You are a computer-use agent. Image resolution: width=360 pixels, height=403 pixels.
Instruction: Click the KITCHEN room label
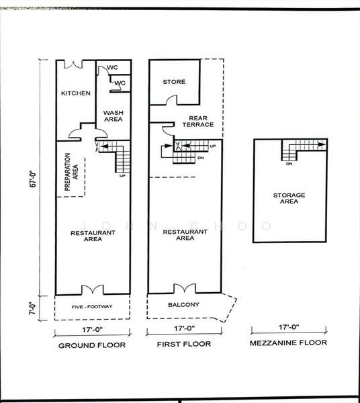76,93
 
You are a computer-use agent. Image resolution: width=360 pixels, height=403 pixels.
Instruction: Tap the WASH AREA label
114,116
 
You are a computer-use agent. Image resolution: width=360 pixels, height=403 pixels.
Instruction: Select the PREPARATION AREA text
71,172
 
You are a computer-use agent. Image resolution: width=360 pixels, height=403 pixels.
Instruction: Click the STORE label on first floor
174,82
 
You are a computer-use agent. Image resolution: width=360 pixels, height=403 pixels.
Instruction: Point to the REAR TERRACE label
198,122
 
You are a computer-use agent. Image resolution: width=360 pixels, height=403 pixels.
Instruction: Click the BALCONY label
183,304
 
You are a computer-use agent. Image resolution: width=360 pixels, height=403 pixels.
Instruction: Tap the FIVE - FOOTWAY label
92,307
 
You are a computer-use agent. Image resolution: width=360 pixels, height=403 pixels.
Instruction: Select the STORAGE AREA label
289,198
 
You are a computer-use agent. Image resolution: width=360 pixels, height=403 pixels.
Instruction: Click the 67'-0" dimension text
33,179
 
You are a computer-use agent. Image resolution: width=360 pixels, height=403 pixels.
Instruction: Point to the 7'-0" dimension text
32,308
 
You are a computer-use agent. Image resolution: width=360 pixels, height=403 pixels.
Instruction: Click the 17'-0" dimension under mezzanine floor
289,327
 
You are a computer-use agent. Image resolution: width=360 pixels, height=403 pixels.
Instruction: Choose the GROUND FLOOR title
92,345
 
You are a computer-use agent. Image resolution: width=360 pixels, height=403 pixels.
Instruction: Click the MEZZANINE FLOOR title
288,343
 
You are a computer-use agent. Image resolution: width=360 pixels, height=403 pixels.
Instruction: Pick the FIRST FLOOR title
184,344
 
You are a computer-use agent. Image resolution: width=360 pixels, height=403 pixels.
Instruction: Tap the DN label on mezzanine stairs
289,164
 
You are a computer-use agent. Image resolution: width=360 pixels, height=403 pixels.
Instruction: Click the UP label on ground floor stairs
122,176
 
